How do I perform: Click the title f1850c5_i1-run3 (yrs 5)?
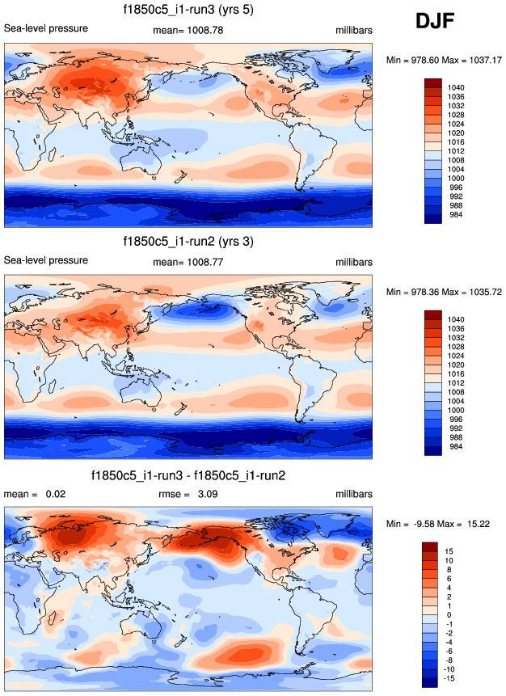pyautogui.click(x=187, y=11)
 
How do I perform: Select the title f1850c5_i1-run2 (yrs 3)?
pyautogui.click(x=187, y=241)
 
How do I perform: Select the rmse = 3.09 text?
pyautogui.click(x=187, y=494)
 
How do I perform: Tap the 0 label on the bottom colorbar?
pyautogui.click(x=449, y=614)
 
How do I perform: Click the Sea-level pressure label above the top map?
pyautogui.click(x=46, y=29)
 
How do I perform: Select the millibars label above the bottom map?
pyautogui.click(x=354, y=494)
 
